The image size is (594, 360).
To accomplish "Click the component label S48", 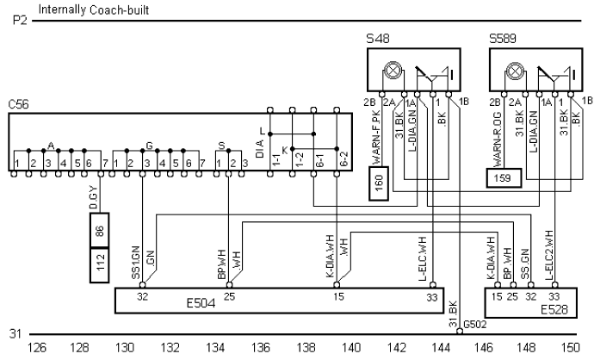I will (x=376, y=40).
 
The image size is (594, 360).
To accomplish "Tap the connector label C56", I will (x=18, y=102).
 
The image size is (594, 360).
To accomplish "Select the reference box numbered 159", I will (x=500, y=178).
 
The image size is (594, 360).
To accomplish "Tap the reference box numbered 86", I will (x=101, y=230).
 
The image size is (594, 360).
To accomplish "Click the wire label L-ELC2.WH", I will (x=548, y=255).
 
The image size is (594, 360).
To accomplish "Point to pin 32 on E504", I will (x=142, y=296).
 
